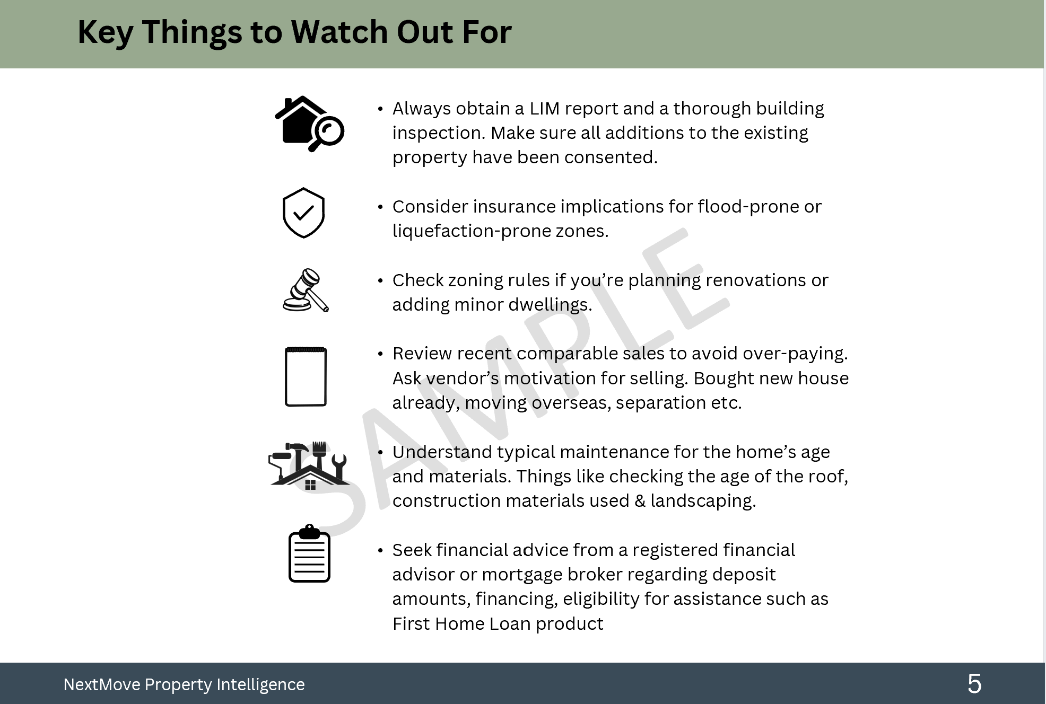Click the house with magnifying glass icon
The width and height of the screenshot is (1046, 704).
point(310,124)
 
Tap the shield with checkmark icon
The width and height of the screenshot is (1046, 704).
point(303,213)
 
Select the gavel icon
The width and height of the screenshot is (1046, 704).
point(306,290)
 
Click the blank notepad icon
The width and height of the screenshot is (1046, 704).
point(306,376)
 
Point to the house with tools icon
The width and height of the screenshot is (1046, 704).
point(309,465)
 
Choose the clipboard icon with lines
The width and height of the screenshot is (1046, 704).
point(309,553)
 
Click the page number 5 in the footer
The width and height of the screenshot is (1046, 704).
point(974,684)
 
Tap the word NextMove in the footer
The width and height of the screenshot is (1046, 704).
point(101,684)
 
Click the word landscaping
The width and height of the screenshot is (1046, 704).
point(703,501)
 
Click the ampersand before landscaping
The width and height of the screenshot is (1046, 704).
point(640,501)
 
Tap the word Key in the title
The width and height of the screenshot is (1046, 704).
point(106,32)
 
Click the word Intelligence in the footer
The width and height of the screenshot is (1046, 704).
point(260,684)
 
